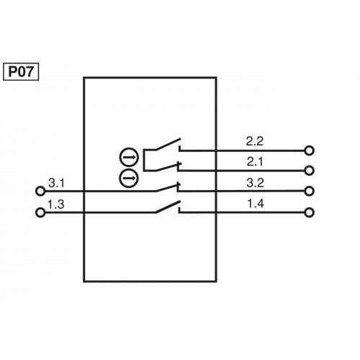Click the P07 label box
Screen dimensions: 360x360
click(21, 71)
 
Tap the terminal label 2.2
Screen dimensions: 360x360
click(256, 141)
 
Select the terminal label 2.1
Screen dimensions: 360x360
click(256, 161)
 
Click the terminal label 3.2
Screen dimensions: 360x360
click(256, 182)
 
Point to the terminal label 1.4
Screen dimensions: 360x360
click(256, 203)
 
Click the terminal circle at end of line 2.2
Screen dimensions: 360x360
click(310, 150)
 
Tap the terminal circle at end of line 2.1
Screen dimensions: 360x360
click(310, 171)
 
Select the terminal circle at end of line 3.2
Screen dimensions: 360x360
click(310, 192)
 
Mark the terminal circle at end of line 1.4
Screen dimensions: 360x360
click(310, 212)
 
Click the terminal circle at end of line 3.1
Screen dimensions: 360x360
click(40, 192)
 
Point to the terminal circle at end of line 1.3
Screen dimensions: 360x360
click(40, 212)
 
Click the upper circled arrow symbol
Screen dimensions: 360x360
click(128, 156)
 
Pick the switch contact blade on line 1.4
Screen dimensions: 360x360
click(167, 207)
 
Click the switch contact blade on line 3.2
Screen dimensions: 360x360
click(167, 187)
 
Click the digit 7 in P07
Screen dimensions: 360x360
click(31, 71)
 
